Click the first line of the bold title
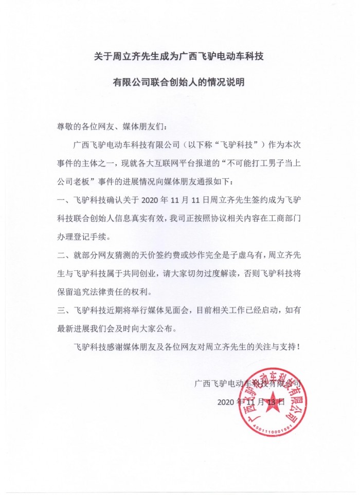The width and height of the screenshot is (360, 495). tap(179, 56)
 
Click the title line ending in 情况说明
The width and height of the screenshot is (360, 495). tap(179, 82)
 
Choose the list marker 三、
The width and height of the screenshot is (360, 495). tap(63, 309)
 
